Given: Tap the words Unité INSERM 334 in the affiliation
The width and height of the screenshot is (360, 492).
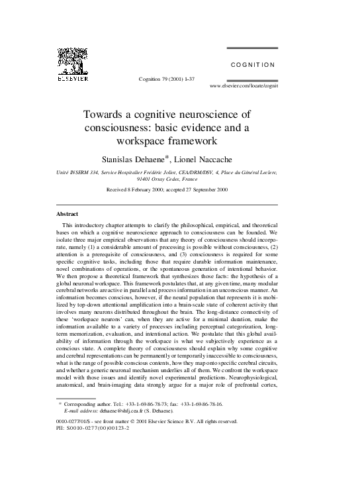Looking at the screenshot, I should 77,172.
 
